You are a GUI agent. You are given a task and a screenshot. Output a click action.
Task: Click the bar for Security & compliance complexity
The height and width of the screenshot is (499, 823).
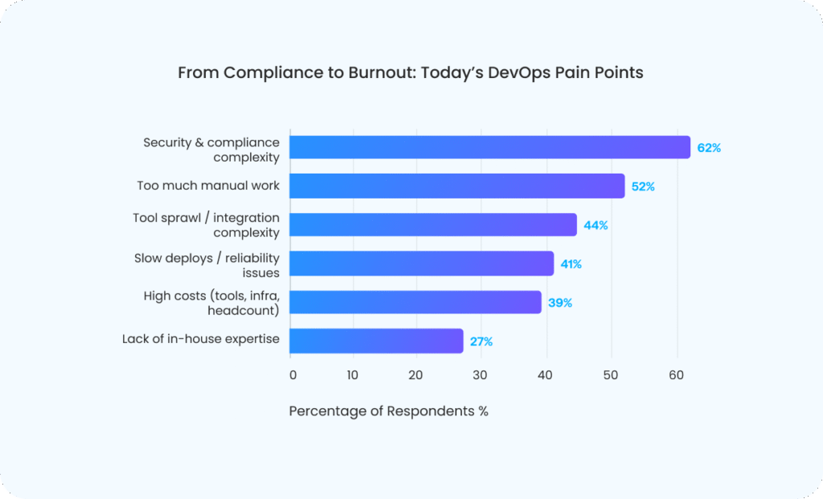pyautogui.click(x=489, y=147)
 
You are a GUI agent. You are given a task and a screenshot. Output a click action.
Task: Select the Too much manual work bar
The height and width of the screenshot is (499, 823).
pyautogui.click(x=457, y=186)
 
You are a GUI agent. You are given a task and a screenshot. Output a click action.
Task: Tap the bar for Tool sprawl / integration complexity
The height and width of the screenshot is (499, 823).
pyautogui.click(x=432, y=224)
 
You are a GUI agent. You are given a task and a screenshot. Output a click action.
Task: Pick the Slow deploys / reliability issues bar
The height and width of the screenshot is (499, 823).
pyautogui.click(x=421, y=264)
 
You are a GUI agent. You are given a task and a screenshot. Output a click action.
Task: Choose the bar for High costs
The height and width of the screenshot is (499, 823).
pyautogui.click(x=415, y=302)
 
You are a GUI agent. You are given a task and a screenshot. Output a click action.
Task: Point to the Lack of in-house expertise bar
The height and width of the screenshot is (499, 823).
pyautogui.click(x=376, y=341)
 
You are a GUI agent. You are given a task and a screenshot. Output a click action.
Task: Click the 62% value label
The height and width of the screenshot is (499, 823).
pyautogui.click(x=709, y=148)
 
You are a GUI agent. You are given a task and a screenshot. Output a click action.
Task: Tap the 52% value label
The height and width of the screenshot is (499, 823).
pyautogui.click(x=643, y=186)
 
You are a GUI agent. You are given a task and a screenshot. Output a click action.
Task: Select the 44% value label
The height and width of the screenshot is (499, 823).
pyautogui.click(x=596, y=225)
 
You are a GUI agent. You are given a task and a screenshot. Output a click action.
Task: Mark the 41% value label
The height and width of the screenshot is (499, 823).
pyautogui.click(x=571, y=264)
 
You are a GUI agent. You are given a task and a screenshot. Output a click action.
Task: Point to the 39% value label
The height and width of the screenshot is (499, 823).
pyautogui.click(x=560, y=303)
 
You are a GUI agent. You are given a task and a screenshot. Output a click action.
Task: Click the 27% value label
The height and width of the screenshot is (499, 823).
pyautogui.click(x=481, y=342)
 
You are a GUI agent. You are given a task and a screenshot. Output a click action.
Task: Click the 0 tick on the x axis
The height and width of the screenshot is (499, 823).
pyautogui.click(x=293, y=374)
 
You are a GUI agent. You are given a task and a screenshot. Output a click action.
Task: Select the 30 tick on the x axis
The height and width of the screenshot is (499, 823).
pyautogui.click(x=480, y=374)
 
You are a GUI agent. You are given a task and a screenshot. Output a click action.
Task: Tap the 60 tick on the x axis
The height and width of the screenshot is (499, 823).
pyautogui.click(x=676, y=374)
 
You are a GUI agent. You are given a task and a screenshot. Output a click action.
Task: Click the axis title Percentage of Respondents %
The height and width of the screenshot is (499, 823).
pyautogui.click(x=388, y=411)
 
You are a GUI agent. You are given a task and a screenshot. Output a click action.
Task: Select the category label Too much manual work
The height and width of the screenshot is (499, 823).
pyautogui.click(x=208, y=186)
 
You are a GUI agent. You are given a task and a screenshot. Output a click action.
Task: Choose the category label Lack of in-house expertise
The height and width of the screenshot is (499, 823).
pyautogui.click(x=201, y=339)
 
